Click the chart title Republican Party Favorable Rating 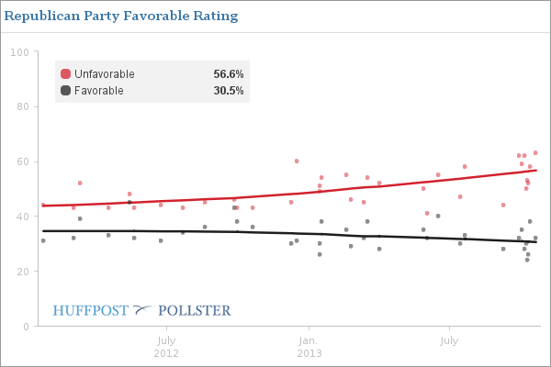(x=122, y=17)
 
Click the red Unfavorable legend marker (x=65, y=74)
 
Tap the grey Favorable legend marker (x=65, y=90)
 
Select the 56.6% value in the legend (x=228, y=74)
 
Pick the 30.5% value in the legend (x=228, y=90)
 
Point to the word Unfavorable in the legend (x=104, y=74)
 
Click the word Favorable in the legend (x=98, y=90)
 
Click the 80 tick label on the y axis (x=22, y=106)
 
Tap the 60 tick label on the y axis (x=22, y=161)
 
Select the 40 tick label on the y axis (x=22, y=217)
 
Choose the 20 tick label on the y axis (x=22, y=272)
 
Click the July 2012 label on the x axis (x=166, y=347)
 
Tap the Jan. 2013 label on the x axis (x=309, y=347)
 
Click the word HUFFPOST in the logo (x=91, y=311)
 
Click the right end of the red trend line (x=536, y=171)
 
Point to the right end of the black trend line (x=536, y=242)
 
